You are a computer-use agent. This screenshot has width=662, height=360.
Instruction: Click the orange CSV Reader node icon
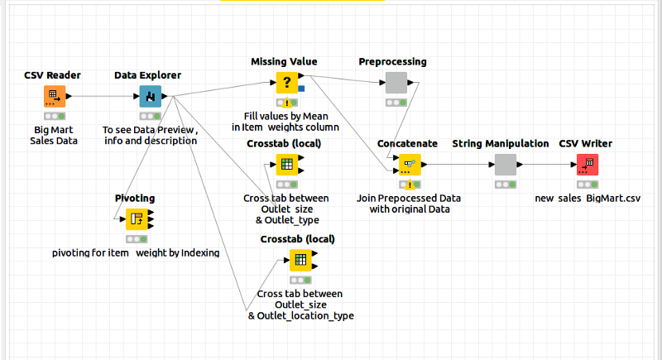(x=53, y=96)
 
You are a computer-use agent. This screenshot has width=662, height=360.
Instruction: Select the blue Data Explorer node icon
(x=150, y=96)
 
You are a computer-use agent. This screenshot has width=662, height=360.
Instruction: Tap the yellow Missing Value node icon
(x=286, y=83)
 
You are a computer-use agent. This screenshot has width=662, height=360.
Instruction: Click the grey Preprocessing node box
(x=396, y=83)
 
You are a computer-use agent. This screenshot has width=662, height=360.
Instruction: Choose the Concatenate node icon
(x=410, y=164)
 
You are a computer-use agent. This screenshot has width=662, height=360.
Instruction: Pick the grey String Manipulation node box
(x=506, y=164)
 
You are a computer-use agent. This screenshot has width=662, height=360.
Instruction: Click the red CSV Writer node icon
(x=587, y=164)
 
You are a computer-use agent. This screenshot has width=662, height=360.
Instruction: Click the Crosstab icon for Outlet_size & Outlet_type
(x=286, y=164)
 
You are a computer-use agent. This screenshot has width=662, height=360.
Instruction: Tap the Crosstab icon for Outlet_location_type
(x=300, y=260)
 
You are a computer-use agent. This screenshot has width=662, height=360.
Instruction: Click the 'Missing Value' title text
(x=284, y=62)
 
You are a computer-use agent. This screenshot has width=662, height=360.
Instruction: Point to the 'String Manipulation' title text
(x=501, y=143)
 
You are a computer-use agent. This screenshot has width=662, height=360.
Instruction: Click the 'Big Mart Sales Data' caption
(x=55, y=136)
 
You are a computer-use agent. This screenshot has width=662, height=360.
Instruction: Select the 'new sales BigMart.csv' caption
(x=588, y=198)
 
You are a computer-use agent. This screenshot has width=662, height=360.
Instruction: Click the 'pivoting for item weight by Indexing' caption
(x=136, y=252)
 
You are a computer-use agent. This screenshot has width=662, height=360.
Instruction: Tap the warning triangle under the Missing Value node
(x=285, y=103)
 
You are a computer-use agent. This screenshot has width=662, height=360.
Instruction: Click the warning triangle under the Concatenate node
(x=410, y=184)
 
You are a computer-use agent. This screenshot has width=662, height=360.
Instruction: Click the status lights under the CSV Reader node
(x=54, y=117)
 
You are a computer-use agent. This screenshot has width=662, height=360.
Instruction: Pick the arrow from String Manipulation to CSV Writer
(x=547, y=164)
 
